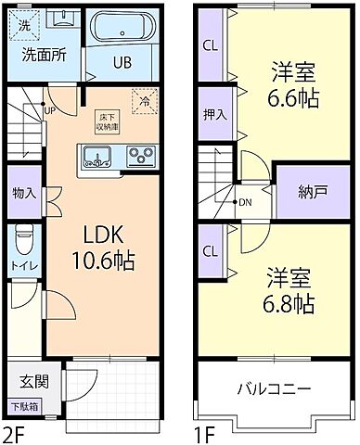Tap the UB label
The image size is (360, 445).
pos(122,63)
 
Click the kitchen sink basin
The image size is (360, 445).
pos(96,155)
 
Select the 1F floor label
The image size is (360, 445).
pos(206,432)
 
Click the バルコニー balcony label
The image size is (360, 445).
pos(273,388)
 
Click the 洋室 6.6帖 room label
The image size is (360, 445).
pos(291,84)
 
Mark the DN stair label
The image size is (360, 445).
pos(245,201)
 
